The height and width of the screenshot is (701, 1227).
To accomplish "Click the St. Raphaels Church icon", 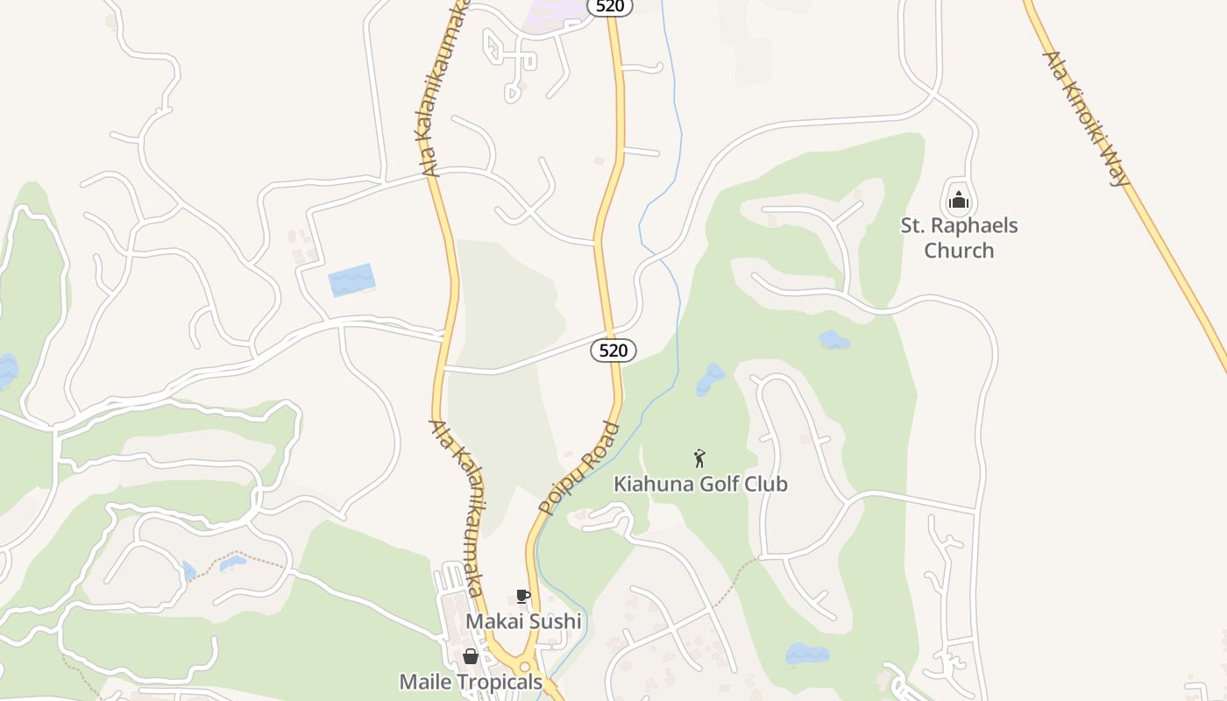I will tap(959, 200).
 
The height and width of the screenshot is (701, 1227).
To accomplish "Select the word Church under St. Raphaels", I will tap(959, 251).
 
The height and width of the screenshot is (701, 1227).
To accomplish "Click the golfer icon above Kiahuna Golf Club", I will tap(699, 458).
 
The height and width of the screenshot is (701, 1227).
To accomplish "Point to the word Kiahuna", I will tap(649, 484).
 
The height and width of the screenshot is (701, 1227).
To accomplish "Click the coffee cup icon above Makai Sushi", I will tap(523, 598).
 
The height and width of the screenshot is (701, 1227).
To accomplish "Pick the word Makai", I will tap(493, 621).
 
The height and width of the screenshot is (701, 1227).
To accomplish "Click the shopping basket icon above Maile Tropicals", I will tap(471, 656).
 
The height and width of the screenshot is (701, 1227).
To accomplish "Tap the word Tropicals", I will tap(504, 681).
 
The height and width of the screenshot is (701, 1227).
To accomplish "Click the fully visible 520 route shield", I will tap(613, 350).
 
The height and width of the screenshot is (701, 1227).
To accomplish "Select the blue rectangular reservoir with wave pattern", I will tap(351, 280).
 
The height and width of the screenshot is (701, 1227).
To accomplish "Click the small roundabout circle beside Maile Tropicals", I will tap(524, 668).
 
